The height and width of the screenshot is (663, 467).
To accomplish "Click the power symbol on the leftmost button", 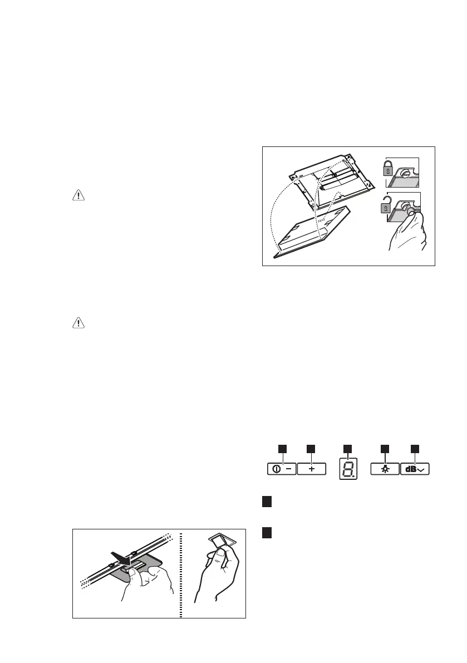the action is (x=277, y=469).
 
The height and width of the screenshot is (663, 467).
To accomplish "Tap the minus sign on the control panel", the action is (x=288, y=469).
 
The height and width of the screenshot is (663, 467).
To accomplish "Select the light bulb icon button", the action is (x=385, y=469).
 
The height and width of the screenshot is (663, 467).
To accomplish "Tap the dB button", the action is (x=415, y=469).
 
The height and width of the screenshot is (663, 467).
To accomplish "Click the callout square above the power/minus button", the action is (x=283, y=448).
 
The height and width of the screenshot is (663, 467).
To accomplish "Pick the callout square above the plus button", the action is (x=311, y=448).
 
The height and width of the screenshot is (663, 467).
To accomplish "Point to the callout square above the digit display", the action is (x=347, y=448).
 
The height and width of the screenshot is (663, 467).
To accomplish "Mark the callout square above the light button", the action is (x=385, y=448).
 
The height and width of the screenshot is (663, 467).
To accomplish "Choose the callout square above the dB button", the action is (x=415, y=448).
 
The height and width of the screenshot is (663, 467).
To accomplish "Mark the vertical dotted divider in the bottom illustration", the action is (x=181, y=573).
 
